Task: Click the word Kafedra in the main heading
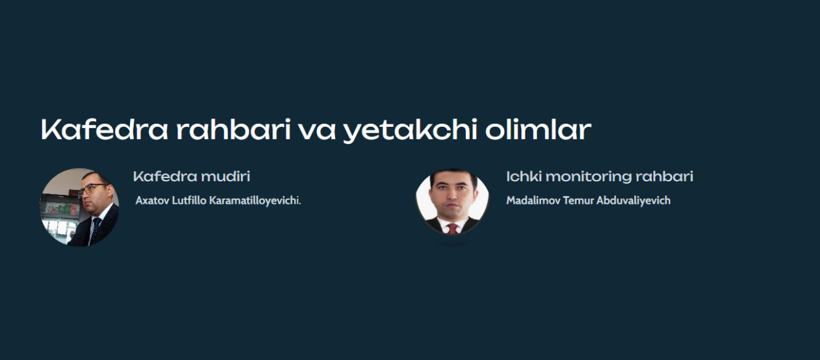tap(104, 129)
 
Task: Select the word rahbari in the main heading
tap(234, 129)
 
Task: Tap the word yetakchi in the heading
tap(411, 131)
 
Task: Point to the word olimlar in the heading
tap(539, 129)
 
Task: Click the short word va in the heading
tap(317, 132)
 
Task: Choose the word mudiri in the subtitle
tap(225, 176)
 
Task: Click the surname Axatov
tap(152, 200)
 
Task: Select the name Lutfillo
tap(189, 200)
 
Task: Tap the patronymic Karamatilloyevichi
tap(255, 201)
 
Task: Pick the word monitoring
tap(589, 177)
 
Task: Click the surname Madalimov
tap(534, 200)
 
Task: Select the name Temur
tap(578, 200)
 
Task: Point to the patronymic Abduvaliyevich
tap(634, 201)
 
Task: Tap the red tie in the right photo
tap(453, 229)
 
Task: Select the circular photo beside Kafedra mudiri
tap(79, 208)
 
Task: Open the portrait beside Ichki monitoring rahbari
tap(452, 201)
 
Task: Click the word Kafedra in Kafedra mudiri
tap(165, 176)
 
